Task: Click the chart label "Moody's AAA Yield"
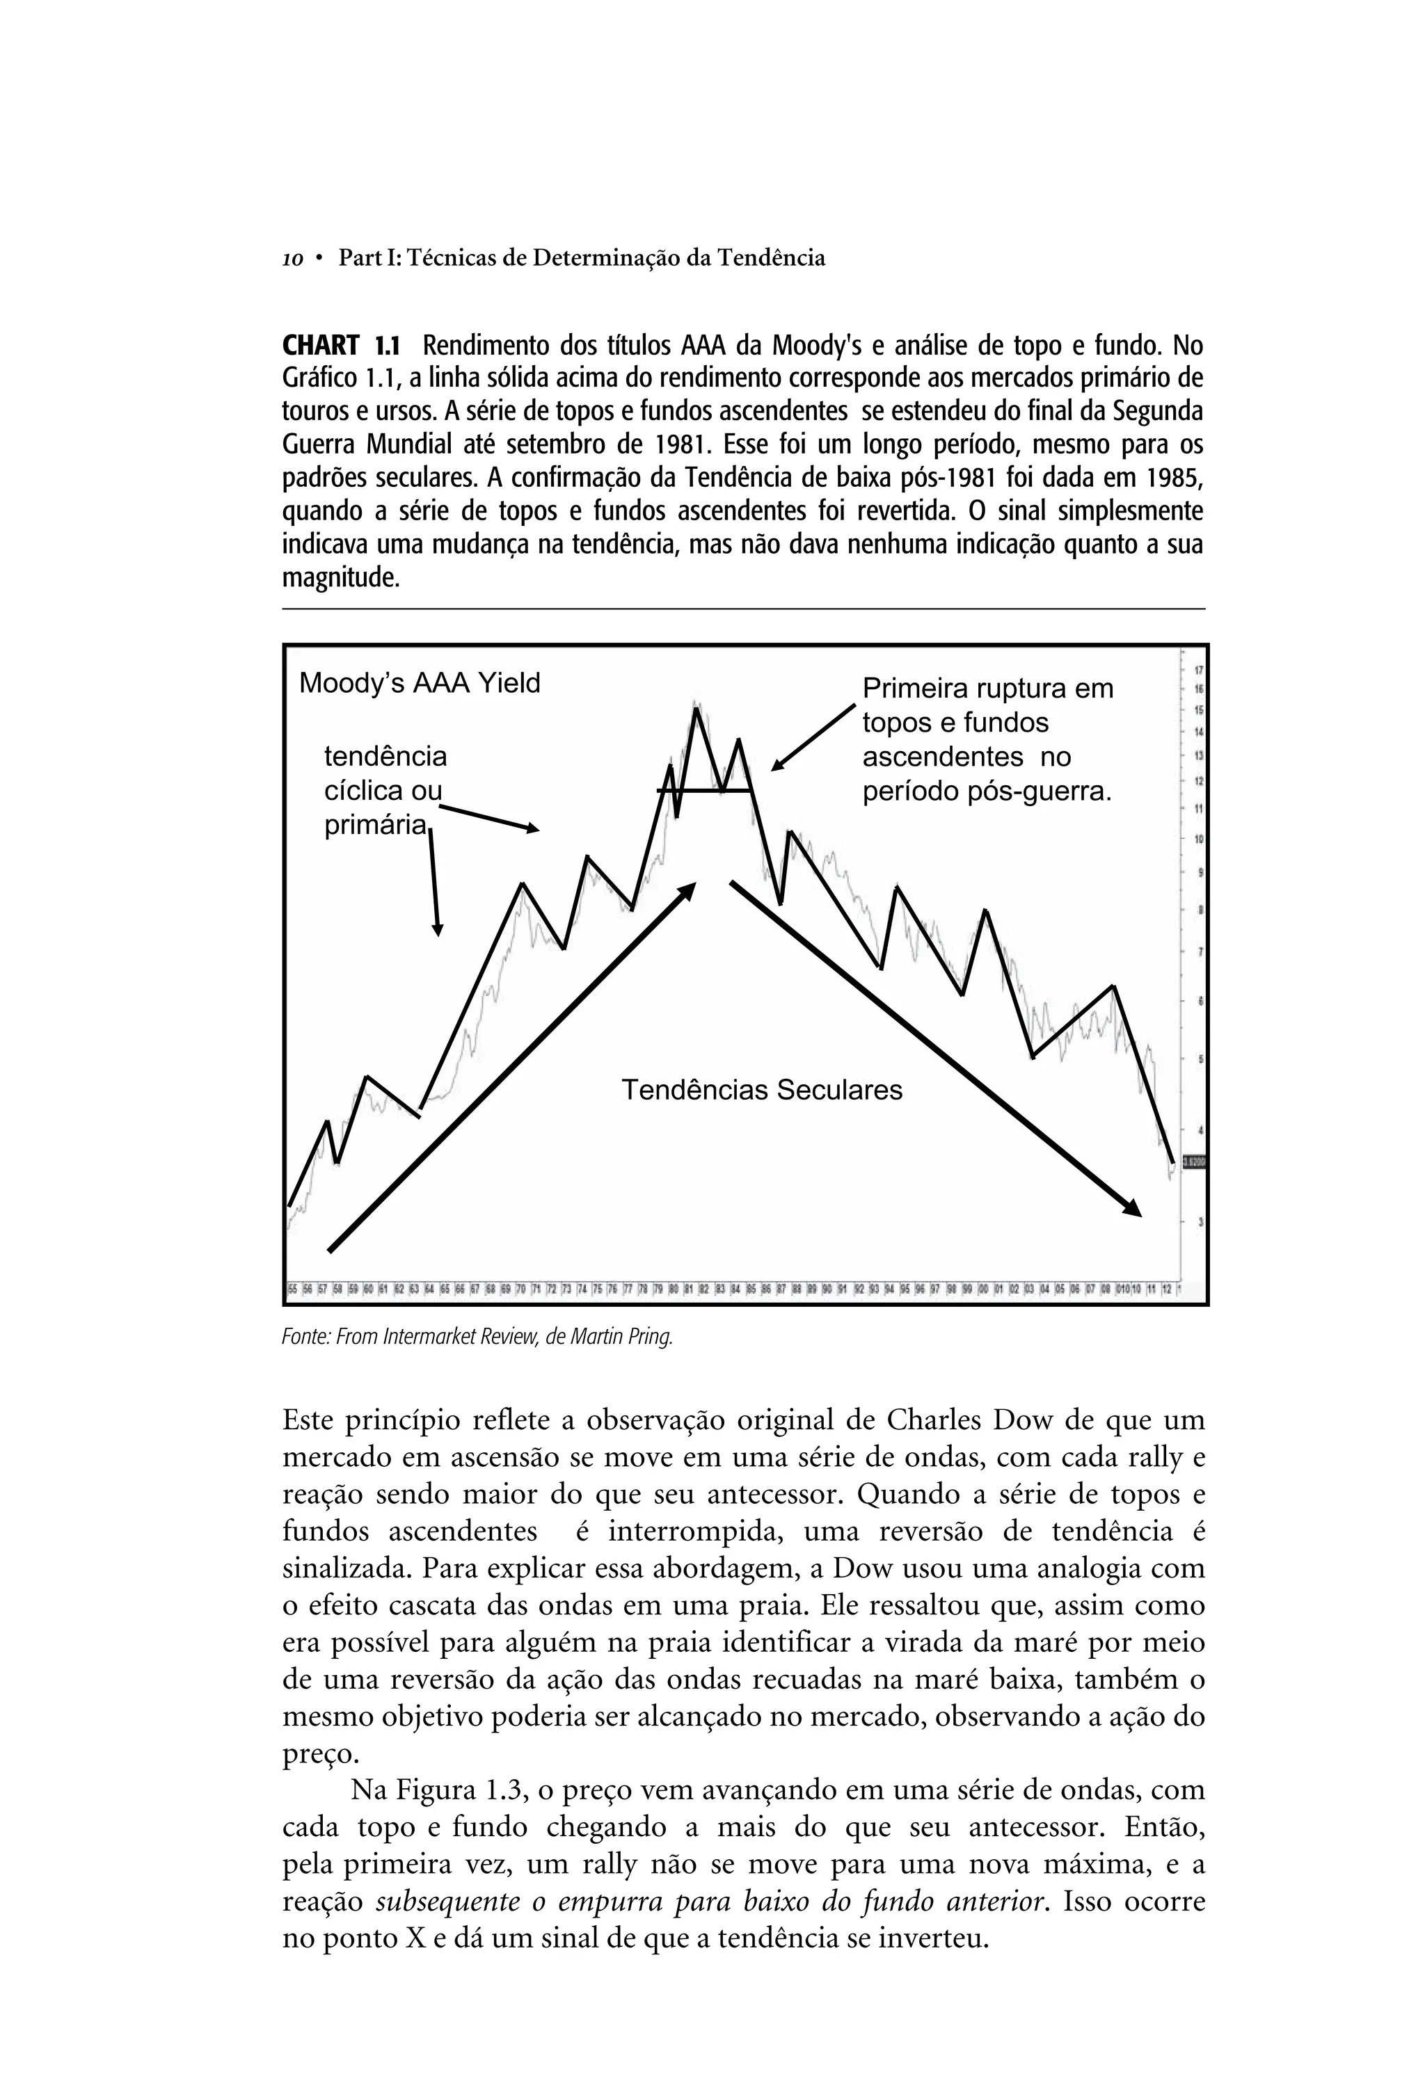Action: coord(419,683)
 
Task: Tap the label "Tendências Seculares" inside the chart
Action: coord(761,1091)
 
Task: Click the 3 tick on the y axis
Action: coord(1200,1221)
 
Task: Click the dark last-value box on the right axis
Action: coord(1194,1162)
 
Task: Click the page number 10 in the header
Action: coord(292,259)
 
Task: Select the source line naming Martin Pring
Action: coord(477,1337)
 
